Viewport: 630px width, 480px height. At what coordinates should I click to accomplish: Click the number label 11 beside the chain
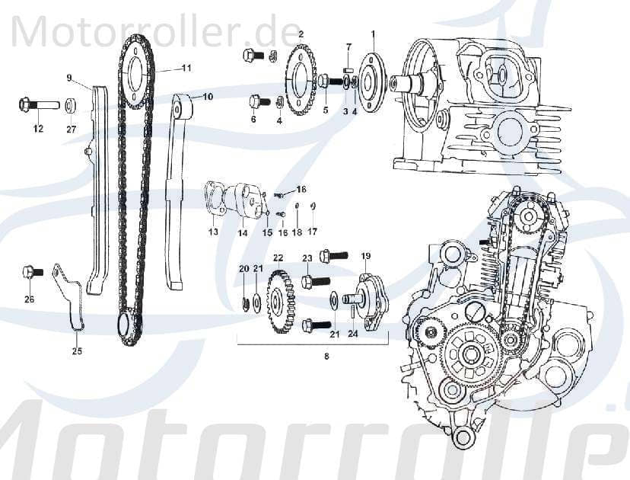[186, 68]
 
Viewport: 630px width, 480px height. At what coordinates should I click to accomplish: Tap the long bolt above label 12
[38, 104]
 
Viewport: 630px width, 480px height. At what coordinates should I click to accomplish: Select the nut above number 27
[71, 104]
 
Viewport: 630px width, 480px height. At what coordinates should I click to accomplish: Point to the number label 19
[365, 256]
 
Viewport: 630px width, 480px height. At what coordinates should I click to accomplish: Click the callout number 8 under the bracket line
[326, 356]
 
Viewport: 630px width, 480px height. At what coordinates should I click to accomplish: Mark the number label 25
[77, 351]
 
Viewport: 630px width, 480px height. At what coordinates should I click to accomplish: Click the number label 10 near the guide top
[208, 97]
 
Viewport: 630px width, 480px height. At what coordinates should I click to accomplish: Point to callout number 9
[68, 77]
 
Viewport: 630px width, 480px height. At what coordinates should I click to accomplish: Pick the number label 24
[352, 333]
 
